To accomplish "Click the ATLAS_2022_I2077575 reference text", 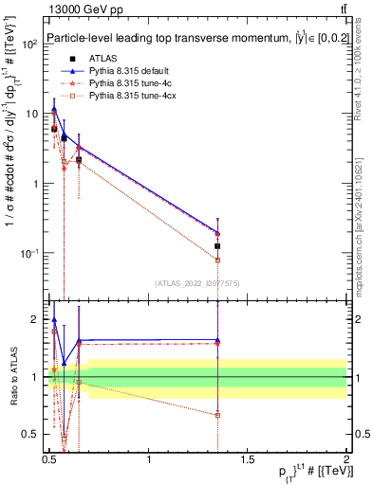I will [198, 282].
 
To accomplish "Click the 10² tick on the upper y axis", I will [30, 44].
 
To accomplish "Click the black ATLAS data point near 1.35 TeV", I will [218, 246].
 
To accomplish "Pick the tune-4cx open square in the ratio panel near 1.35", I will [218, 415].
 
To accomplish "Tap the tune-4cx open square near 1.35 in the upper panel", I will [218, 260].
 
